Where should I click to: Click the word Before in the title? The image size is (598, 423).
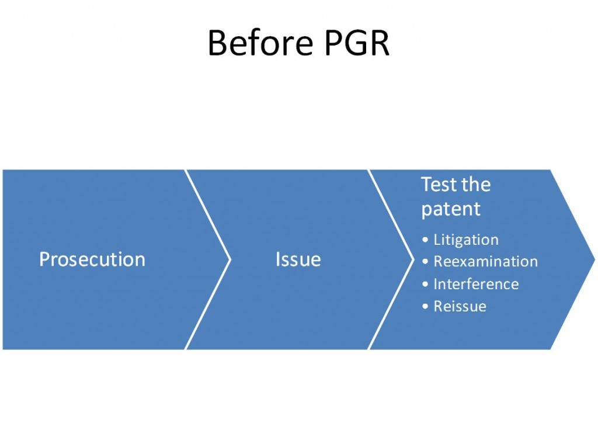point(260,43)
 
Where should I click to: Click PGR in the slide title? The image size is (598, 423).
point(357,43)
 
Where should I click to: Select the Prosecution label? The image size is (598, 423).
point(92,259)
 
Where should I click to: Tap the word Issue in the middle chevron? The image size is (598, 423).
point(298,259)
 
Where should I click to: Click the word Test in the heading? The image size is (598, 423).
point(437,184)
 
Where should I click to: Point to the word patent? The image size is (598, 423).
point(451,209)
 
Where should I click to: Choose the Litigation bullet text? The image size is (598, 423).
point(466,240)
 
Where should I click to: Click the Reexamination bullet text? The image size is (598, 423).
point(485,262)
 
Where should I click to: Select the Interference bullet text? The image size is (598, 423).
point(476,284)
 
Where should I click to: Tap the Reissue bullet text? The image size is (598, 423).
point(460,306)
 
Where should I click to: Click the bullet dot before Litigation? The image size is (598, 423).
point(425,240)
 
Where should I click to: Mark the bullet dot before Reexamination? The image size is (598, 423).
point(425,262)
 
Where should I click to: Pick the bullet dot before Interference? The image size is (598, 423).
point(425,284)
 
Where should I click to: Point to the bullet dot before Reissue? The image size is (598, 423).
point(425,306)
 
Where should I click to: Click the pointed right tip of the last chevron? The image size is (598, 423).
point(594,260)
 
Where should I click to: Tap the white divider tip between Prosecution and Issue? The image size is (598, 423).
point(230,260)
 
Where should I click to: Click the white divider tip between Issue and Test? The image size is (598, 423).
point(414,260)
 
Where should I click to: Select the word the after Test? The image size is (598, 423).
point(475,184)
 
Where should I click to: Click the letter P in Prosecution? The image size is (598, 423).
point(44,259)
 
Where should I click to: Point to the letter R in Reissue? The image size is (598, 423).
point(439,306)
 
